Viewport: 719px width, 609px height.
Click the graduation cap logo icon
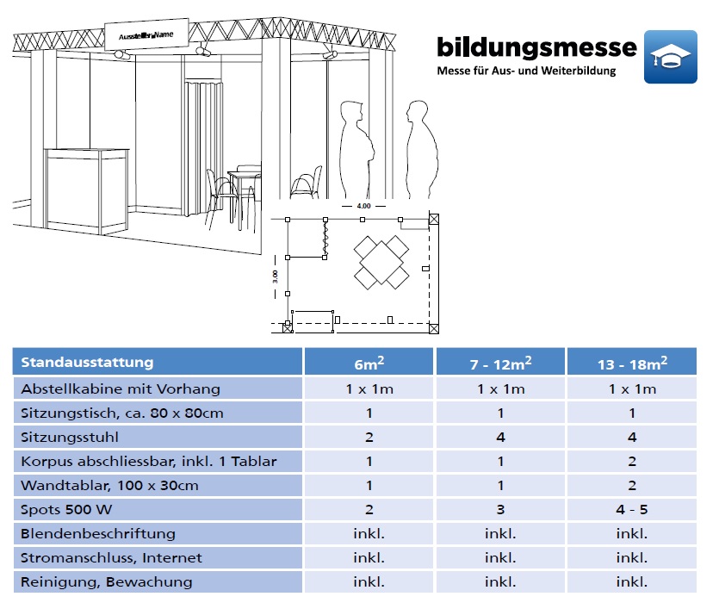coord(671,57)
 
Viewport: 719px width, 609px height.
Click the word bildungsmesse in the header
coord(536,47)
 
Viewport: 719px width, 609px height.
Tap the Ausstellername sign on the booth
coord(146,34)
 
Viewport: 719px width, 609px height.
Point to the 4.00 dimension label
coord(363,206)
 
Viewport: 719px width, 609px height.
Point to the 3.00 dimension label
coord(276,277)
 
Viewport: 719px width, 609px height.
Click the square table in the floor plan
coord(381,263)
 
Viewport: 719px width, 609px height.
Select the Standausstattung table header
coord(87,363)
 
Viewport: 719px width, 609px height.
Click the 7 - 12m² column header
coord(500,364)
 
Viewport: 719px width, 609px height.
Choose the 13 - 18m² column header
coord(632,364)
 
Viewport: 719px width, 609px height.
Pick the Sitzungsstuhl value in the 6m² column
coord(369,437)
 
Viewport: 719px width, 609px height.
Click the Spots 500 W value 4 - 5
coord(632,509)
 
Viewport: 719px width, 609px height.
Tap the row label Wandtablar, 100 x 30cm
coord(109,486)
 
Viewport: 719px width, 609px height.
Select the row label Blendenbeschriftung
coord(98,534)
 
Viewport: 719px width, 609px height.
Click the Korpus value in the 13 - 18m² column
coord(632,462)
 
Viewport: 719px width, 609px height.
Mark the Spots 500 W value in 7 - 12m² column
coord(500,509)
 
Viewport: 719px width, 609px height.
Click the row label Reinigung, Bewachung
coord(107,582)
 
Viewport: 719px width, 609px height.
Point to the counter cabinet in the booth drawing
coord(87,189)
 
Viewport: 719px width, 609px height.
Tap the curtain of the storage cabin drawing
coord(203,147)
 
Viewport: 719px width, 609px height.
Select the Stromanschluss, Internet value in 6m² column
coord(369,557)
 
